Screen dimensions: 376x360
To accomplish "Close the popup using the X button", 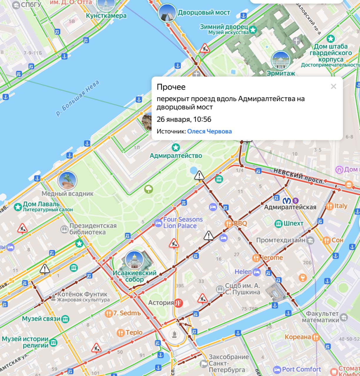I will [x=333, y=86].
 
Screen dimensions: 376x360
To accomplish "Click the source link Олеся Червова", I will [x=209, y=131].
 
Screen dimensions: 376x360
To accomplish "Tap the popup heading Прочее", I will [x=171, y=87].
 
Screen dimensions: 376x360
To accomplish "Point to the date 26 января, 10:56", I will [x=184, y=119].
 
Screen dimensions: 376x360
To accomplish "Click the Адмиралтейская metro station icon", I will [x=287, y=201].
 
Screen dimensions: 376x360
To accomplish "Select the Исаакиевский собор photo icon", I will [x=134, y=260].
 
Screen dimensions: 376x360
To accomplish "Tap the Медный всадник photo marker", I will [x=67, y=180].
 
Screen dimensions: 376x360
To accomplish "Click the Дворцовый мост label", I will [x=204, y=13].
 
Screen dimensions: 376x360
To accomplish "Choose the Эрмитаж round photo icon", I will [x=280, y=60].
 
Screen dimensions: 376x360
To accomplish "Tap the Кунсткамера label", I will [x=106, y=16].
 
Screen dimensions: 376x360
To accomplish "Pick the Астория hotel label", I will [x=161, y=303].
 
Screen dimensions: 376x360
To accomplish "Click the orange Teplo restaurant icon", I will [x=120, y=333].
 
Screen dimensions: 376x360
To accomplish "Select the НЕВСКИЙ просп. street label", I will [x=298, y=176].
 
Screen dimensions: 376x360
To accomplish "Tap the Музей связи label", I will [x=41, y=319].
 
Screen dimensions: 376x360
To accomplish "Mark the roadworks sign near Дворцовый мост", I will [x=205, y=48].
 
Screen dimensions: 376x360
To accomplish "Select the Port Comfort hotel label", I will [x=301, y=369].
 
